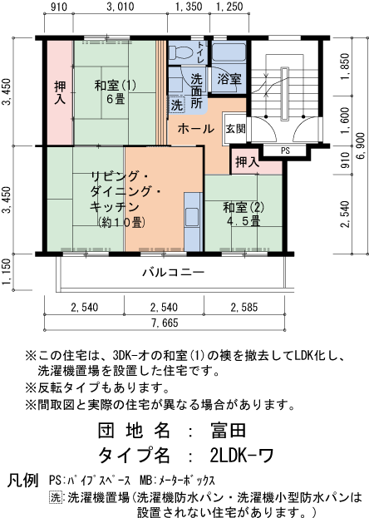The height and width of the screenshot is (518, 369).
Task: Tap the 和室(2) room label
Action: click(243, 207)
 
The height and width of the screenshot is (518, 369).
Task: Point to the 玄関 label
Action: click(235, 129)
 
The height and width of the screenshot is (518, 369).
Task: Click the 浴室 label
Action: click(229, 80)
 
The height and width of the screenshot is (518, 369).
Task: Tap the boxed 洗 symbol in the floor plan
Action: click(176, 106)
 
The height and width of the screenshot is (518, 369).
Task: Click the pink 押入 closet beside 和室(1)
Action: click(60, 91)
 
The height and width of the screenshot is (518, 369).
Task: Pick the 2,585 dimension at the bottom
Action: click(248, 308)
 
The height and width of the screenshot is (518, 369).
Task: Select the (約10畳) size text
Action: click(121, 222)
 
